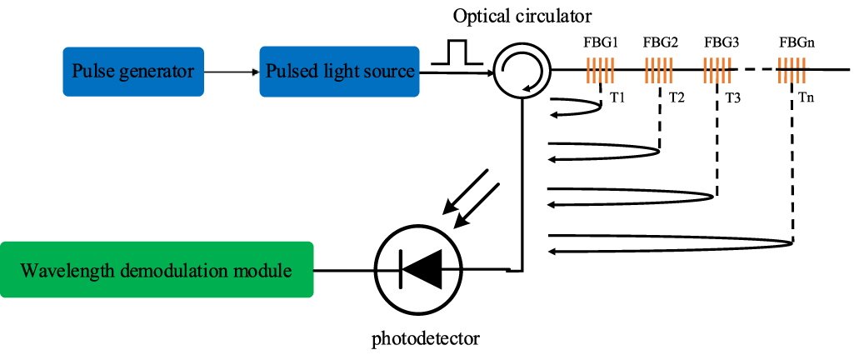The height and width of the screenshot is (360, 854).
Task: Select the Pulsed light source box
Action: (340, 71)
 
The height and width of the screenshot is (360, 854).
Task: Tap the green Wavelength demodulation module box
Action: (157, 270)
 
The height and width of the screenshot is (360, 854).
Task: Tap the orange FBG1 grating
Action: (600, 71)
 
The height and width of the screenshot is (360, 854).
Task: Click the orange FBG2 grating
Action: (659, 71)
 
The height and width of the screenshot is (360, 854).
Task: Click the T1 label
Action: (617, 98)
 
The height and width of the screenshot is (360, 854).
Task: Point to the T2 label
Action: (676, 98)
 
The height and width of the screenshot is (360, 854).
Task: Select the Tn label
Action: (807, 98)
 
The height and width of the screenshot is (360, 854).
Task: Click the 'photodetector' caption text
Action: (427, 339)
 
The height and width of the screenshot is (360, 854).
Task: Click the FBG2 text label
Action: (660, 41)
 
